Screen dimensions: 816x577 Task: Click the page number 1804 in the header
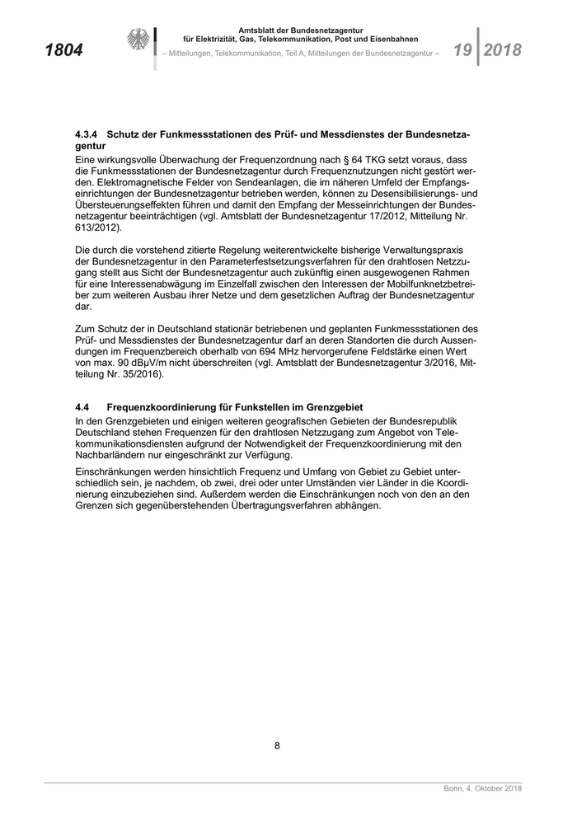point(63,50)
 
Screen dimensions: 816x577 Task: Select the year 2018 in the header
point(503,50)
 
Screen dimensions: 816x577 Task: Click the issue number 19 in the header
point(462,50)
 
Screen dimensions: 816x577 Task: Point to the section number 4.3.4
point(87,133)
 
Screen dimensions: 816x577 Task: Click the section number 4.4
point(82,407)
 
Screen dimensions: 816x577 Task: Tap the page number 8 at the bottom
point(278,747)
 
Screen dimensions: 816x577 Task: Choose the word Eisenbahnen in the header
point(393,39)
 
